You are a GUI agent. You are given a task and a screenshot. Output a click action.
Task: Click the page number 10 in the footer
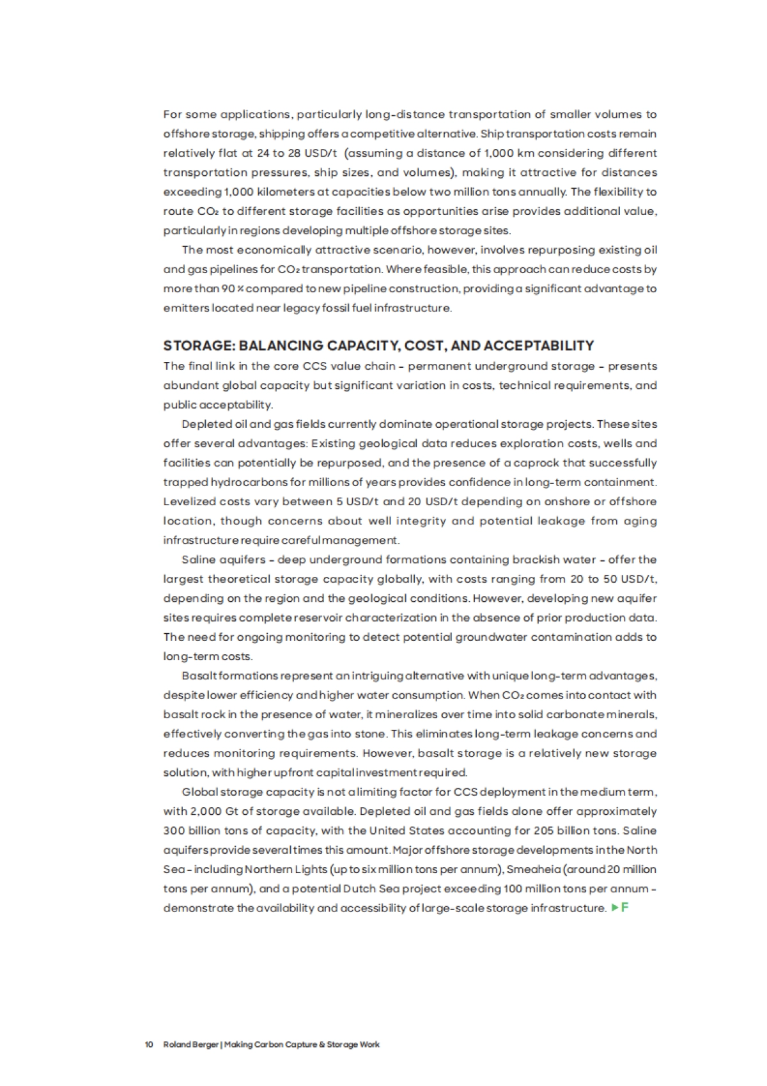coord(149,1044)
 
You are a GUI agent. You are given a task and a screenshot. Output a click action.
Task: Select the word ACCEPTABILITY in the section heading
coord(539,345)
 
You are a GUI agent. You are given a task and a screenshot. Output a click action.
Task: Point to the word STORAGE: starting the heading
coord(199,345)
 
